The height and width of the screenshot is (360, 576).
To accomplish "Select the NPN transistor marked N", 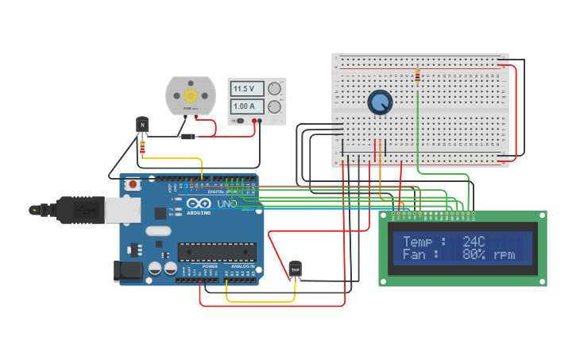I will pyautogui.click(x=142, y=124).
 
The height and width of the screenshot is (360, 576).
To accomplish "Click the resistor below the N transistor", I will pyautogui.click(x=142, y=146).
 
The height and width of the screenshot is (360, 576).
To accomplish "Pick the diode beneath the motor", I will pyautogui.click(x=188, y=137).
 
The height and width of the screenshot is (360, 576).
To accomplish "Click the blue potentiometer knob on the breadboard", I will pyautogui.click(x=380, y=102).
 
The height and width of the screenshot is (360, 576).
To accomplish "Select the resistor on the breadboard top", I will pyautogui.click(x=418, y=76).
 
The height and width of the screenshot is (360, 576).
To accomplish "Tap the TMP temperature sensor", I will pyautogui.click(x=296, y=269).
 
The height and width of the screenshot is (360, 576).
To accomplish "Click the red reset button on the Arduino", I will pyautogui.click(x=133, y=184).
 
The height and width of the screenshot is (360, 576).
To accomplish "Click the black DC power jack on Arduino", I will pyautogui.click(x=128, y=271).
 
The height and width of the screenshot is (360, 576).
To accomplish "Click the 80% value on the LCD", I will pyautogui.click(x=474, y=254).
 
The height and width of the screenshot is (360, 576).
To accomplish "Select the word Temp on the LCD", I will pyautogui.click(x=418, y=241).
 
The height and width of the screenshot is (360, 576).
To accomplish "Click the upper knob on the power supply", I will pyautogui.click(x=274, y=88).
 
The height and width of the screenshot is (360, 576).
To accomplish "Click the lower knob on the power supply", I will pyautogui.click(x=274, y=106).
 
